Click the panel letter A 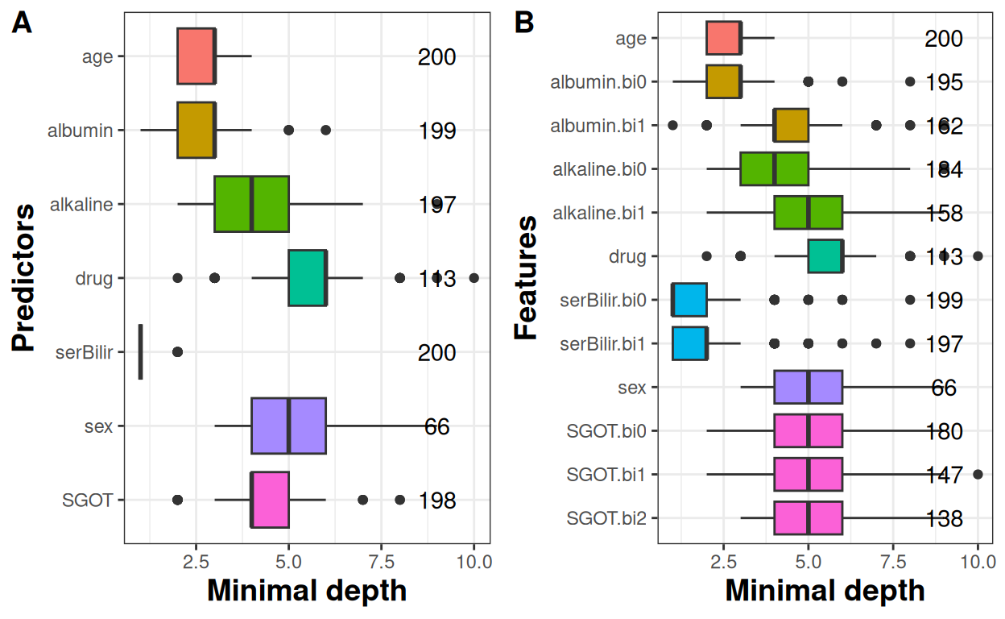coord(22,24)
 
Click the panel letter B coord(524,24)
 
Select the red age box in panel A coord(196,56)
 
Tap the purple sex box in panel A coord(288,426)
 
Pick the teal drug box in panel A coord(307,278)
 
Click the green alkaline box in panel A coord(251,204)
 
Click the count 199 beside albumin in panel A coord(436,131)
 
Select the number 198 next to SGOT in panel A coord(436,501)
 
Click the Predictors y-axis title coord(24,278)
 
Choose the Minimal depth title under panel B coord(825,591)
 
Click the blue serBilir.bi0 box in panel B coord(689,300)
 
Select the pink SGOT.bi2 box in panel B coord(808,517)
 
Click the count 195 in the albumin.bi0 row coord(943,82)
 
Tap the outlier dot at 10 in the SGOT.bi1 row coord(978,474)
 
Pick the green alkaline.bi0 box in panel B coord(774,169)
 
